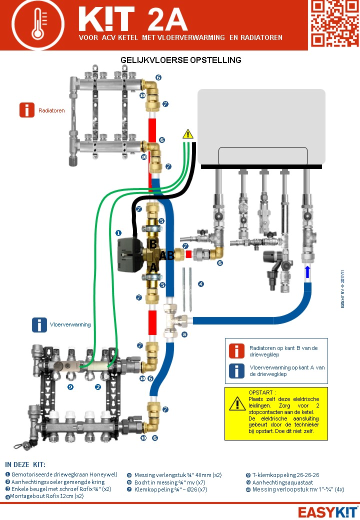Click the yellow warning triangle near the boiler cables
click(x=187, y=133)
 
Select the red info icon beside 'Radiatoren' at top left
click(x=27, y=110)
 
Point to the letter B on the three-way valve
click(x=153, y=244)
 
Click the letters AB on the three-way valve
click(x=167, y=255)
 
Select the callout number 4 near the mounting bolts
click(x=201, y=284)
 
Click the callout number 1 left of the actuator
click(x=118, y=233)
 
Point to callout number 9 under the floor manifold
click(x=70, y=386)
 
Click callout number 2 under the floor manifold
click(x=98, y=386)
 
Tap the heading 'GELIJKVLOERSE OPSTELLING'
click(x=181, y=60)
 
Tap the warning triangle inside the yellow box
click(x=237, y=403)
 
